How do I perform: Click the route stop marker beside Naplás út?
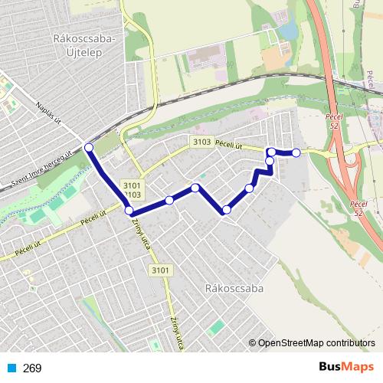pyautogui.click(x=89, y=147)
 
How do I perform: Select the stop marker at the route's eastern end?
pyautogui.click(x=296, y=153)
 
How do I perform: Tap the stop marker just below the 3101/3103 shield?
pyautogui.click(x=129, y=211)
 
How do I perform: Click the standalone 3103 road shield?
pyautogui.click(x=202, y=142)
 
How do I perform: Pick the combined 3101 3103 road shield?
pyautogui.click(x=132, y=190)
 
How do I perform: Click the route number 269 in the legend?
pyautogui.click(x=33, y=368)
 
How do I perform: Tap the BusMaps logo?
pyautogui.click(x=346, y=368)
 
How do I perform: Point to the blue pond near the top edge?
pyautogui.click(x=289, y=31)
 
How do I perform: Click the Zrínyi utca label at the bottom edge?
pyautogui.click(x=177, y=334)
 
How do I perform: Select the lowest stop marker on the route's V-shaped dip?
pyautogui.click(x=226, y=210)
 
